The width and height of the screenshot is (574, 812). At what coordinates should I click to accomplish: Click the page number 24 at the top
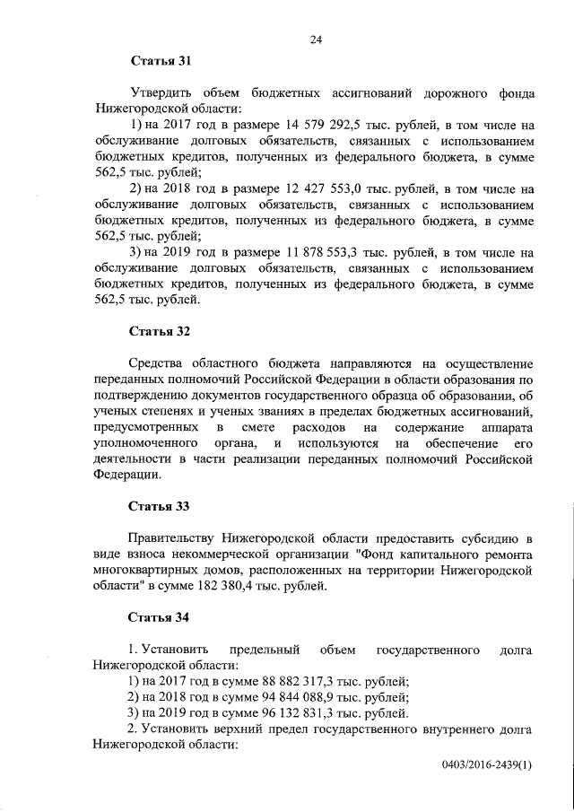pos(316,39)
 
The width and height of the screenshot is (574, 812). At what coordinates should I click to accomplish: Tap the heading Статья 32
pos(161,331)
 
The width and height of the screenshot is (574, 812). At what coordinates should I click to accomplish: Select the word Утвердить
pos(165,92)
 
